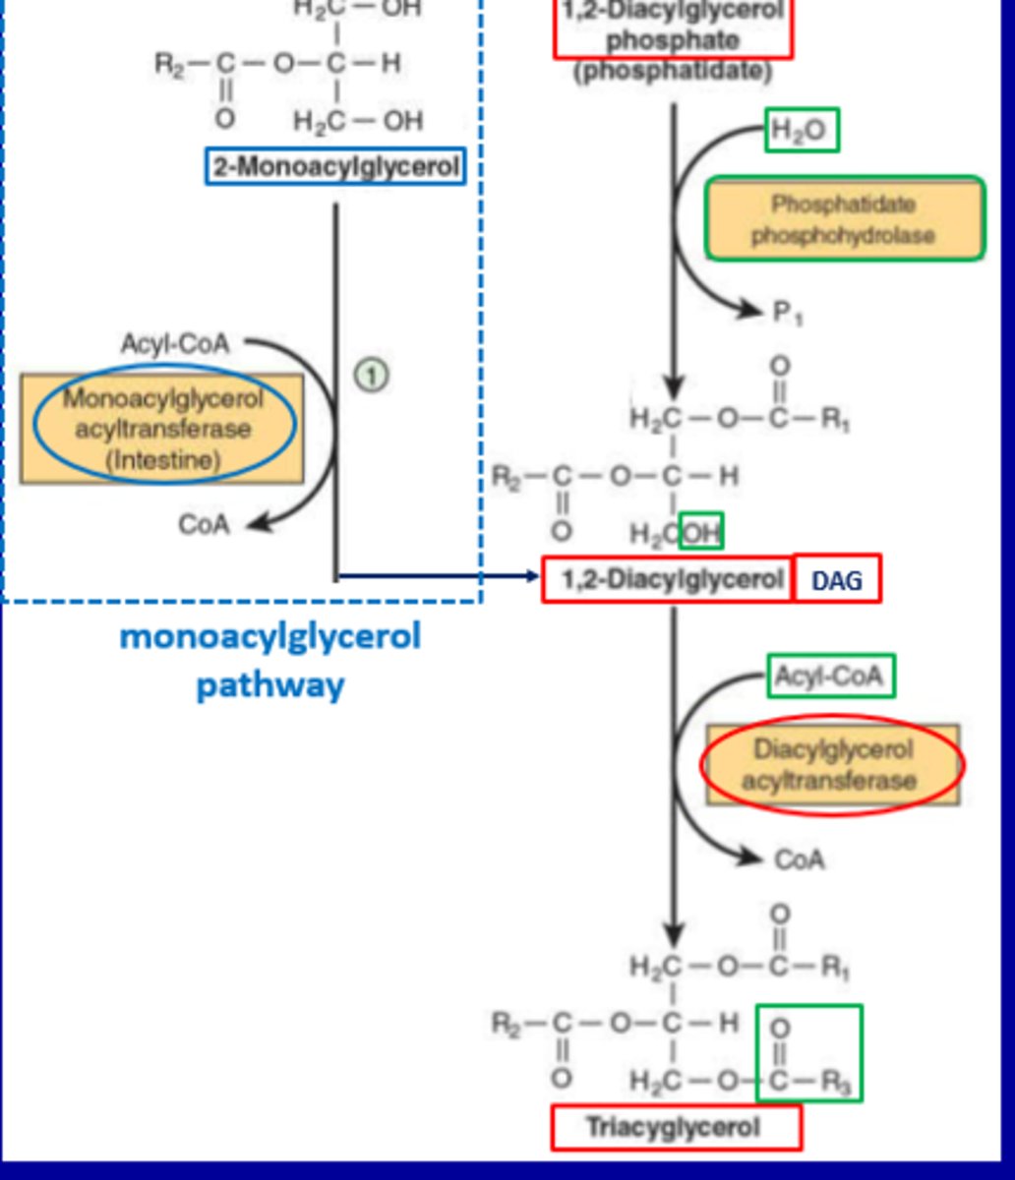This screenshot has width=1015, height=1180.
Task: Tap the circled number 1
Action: coord(372,375)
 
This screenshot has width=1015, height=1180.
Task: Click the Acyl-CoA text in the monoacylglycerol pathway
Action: coord(174,344)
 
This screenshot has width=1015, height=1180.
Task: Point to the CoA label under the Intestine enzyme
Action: coord(204,524)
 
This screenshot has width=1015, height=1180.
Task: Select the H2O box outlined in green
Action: coord(803,132)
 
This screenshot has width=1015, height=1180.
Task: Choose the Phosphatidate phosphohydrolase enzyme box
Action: coord(844,219)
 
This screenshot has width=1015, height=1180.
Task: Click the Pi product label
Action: coord(787,314)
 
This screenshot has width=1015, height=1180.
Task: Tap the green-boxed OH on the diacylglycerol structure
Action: coord(701,533)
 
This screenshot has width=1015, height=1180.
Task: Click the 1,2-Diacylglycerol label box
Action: coord(669,580)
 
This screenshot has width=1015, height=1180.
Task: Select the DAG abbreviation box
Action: coord(837,580)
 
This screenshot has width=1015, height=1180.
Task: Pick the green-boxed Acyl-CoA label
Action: coord(830,677)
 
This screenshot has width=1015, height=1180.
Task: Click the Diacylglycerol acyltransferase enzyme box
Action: coord(833,765)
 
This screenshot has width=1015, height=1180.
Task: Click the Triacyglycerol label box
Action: coord(676,1127)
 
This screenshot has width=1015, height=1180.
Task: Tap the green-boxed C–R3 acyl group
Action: coord(809,1053)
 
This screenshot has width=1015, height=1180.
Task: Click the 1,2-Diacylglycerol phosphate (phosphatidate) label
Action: coord(673,39)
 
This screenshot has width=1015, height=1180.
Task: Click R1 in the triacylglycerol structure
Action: coord(835,968)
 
